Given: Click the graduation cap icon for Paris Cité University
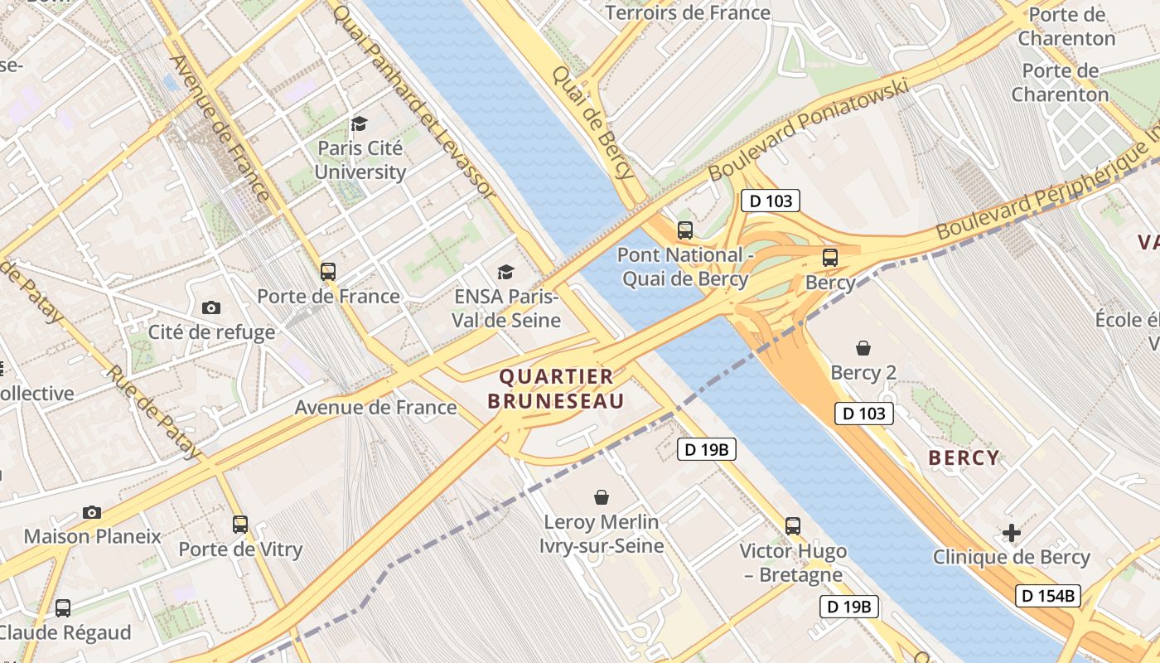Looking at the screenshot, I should click(359, 124).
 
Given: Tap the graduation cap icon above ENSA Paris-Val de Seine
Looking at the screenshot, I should click(505, 272).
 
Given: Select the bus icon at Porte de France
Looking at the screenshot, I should click(328, 271).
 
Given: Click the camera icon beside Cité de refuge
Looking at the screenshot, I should click(211, 307).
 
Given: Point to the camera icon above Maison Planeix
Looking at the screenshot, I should click(92, 512).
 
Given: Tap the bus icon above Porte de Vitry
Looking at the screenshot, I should click(240, 524).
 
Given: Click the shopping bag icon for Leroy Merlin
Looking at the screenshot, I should click(602, 497).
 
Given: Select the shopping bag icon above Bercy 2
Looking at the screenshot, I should click(863, 348).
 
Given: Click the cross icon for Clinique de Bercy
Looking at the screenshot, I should click(1012, 533).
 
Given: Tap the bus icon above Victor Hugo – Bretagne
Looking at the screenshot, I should click(793, 525).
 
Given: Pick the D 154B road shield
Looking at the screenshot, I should click(1047, 595).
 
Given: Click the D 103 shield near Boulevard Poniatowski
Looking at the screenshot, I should click(770, 201).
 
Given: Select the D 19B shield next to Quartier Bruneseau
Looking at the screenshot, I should click(707, 449).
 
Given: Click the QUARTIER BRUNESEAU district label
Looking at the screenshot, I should click(556, 389).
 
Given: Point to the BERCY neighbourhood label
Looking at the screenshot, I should click(964, 457).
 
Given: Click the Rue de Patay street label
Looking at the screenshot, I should click(153, 413).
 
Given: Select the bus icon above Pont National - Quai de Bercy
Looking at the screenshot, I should click(685, 230).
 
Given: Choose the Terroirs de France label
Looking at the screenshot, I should click(688, 12).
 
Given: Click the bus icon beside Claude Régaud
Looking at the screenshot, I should click(63, 608).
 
